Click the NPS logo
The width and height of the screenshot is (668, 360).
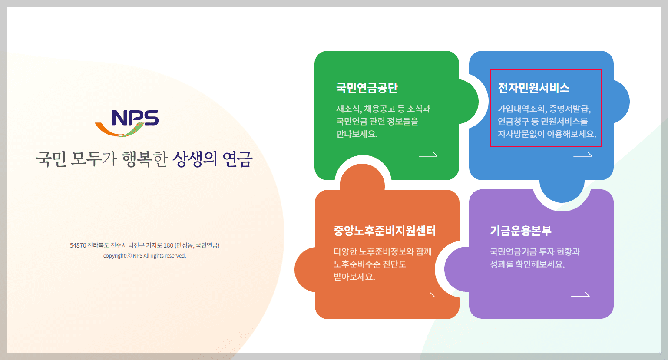[127, 123]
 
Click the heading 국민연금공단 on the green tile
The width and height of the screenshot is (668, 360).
[367, 88]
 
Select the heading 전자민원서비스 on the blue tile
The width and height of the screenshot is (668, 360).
[533, 88]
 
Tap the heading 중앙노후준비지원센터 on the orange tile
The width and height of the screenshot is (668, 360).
[384, 231]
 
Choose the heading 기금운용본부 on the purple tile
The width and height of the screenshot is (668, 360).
[520, 231]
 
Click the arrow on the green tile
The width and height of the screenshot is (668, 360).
[428, 155]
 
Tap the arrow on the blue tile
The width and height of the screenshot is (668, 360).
[582, 155]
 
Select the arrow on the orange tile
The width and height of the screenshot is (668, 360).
[425, 295]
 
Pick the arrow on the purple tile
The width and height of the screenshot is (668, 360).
[580, 295]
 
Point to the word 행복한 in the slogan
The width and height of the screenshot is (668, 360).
[145, 159]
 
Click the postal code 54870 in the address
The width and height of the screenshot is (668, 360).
[78, 245]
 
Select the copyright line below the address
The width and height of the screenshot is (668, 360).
[145, 256]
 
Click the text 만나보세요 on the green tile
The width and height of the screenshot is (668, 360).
[357, 134]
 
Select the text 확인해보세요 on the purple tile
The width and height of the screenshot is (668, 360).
[540, 264]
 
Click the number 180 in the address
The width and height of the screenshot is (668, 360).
[169, 245]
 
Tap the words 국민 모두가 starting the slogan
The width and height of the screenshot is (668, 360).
[76, 159]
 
